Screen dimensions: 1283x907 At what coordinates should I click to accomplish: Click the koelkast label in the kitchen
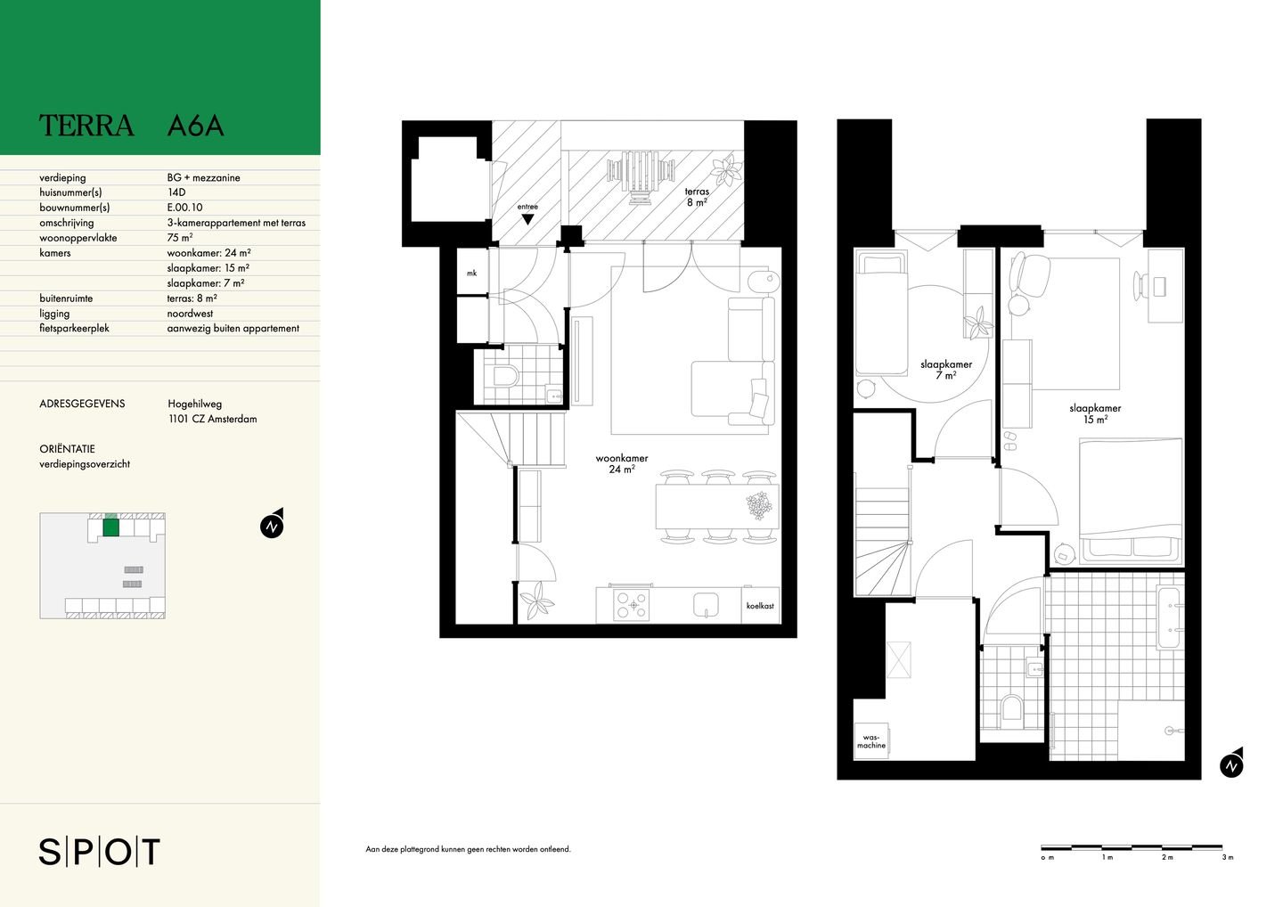760,606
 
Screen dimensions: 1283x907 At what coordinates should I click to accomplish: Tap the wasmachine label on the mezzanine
871,741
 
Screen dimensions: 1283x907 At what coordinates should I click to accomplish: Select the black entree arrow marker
527,219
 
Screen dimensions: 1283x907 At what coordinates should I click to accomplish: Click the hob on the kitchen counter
633,605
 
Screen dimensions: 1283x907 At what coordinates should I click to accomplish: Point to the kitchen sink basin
707,605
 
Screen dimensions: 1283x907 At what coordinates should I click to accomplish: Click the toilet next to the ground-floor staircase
505,377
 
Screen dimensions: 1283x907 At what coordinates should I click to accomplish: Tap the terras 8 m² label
697,197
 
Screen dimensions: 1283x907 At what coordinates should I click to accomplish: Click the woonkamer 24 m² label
622,464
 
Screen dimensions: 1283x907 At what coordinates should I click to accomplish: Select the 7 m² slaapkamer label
945,370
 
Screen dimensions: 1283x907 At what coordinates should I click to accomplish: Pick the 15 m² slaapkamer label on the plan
1095,413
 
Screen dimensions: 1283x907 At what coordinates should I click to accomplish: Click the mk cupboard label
471,274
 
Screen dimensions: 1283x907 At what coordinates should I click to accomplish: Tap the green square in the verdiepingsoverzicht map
111,527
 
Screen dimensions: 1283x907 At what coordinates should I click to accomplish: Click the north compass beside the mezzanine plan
1231,764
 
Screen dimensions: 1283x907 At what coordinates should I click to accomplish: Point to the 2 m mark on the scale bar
1167,873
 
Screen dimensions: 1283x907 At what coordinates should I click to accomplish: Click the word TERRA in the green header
86,126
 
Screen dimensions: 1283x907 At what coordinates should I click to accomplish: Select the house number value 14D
176,192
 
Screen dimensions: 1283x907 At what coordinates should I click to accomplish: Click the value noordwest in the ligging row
190,314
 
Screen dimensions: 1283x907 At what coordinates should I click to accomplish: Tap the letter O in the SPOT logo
118,852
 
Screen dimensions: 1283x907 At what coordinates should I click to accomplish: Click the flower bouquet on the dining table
759,505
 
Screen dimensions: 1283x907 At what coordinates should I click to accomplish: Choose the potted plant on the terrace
725,170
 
